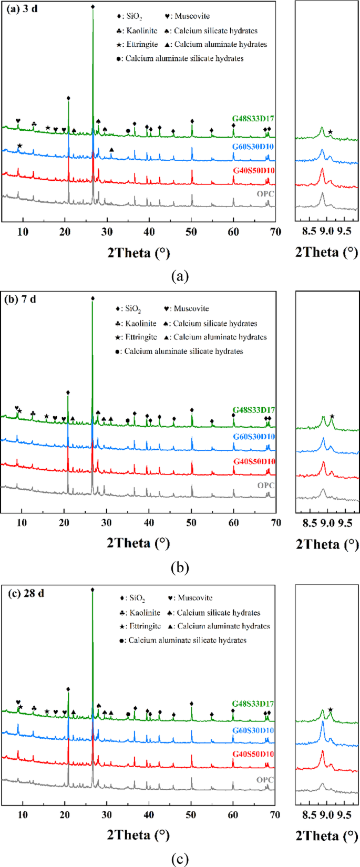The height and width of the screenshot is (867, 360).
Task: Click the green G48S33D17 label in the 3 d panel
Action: point(253,118)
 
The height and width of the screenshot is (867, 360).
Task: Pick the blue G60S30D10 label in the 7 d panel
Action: point(253,437)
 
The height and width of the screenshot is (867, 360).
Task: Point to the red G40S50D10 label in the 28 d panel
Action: point(253,754)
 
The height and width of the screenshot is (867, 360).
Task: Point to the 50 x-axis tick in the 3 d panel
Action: point(192,232)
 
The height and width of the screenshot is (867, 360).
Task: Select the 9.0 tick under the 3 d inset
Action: point(327,232)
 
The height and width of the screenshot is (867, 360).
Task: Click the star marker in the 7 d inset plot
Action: point(332,417)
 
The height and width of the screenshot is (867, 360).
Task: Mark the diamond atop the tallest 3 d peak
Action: point(93,7)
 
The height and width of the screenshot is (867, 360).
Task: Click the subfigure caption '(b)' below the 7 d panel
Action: point(180,567)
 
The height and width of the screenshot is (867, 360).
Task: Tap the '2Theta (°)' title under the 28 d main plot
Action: point(138,835)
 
